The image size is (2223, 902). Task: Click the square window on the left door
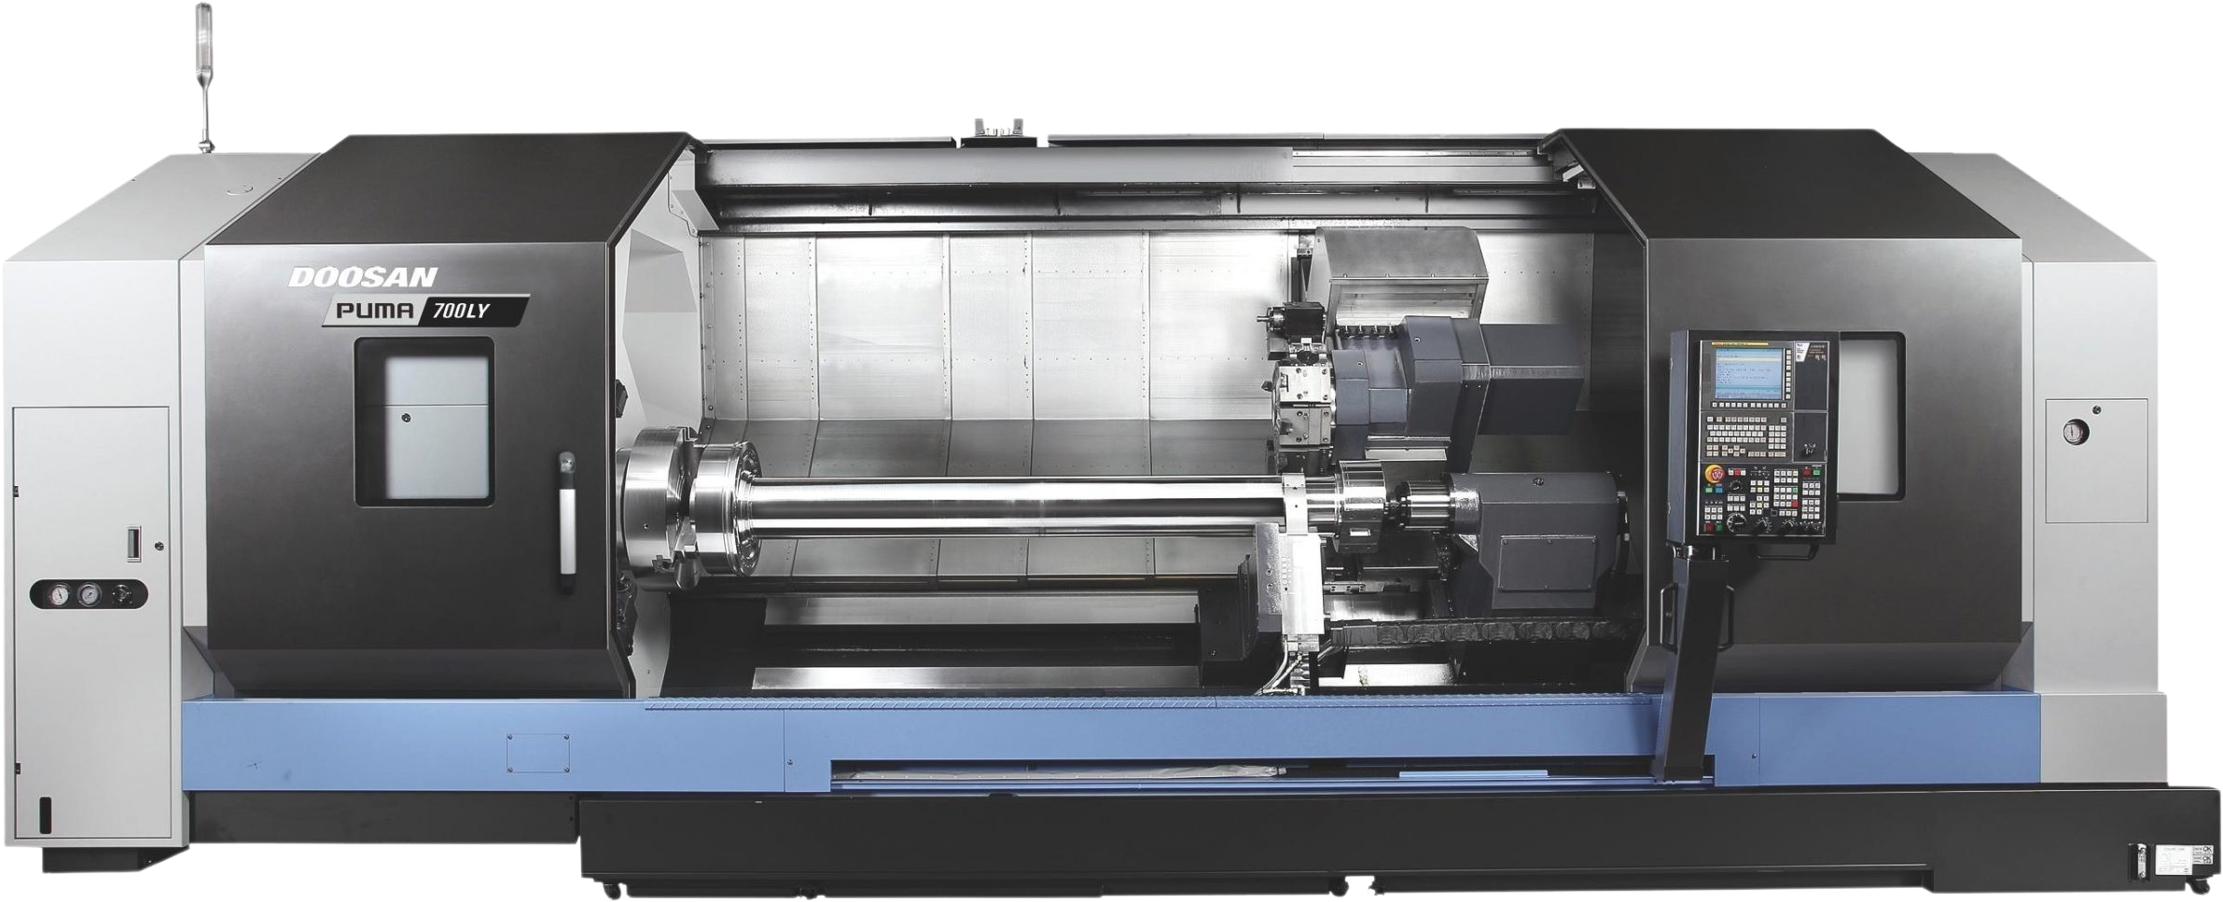click(x=424, y=423)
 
